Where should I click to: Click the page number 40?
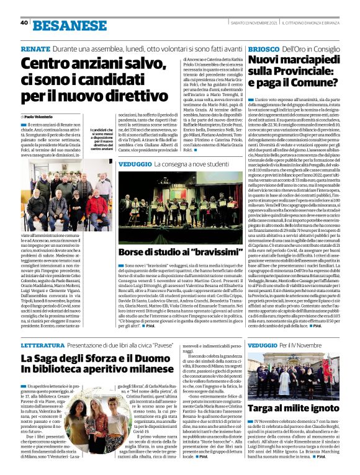coord(24,22)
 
